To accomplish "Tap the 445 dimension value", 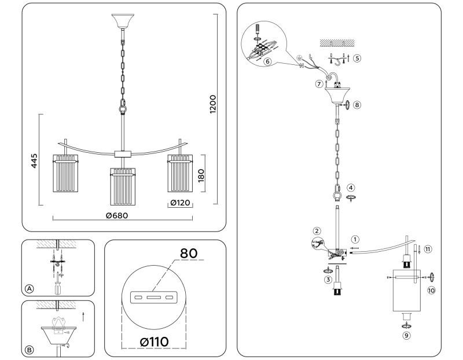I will click(x=34, y=160).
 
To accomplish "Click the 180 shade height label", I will click(x=201, y=175).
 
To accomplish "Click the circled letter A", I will click(x=29, y=288).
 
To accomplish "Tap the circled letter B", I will click(x=29, y=349).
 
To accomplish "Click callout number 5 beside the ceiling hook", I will click(x=357, y=58).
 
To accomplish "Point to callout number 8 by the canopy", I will click(x=357, y=105).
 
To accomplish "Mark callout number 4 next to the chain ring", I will click(x=351, y=188).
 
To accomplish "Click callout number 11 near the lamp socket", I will click(x=427, y=249).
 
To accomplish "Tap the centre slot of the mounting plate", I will click(x=153, y=297).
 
